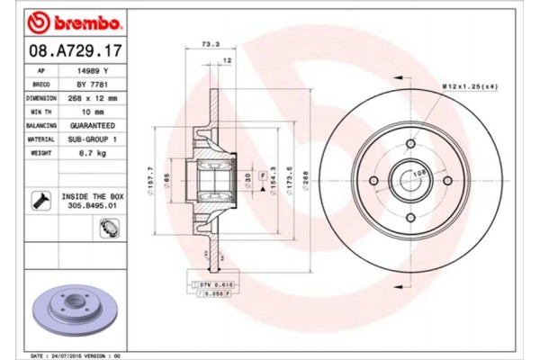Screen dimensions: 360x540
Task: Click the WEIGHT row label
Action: click(x=41, y=155)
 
